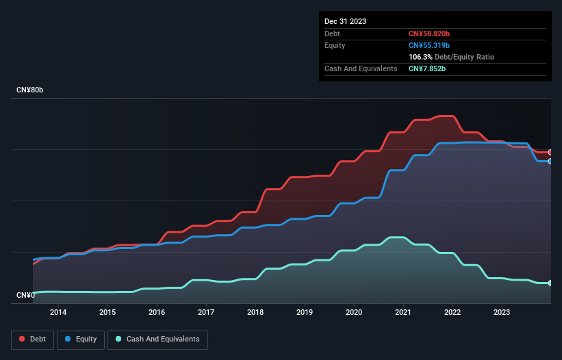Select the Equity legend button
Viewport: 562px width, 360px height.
(x=81, y=339)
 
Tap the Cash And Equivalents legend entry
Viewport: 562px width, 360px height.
(x=157, y=339)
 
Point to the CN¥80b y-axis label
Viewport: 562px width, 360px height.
(x=31, y=90)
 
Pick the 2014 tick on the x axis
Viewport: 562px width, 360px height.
(x=58, y=313)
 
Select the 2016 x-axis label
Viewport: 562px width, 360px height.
(x=157, y=313)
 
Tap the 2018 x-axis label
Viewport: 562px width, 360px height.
(x=255, y=313)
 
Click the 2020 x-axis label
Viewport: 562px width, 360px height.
(x=354, y=313)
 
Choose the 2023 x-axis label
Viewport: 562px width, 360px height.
(x=502, y=313)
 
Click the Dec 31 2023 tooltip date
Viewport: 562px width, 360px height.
(x=345, y=21)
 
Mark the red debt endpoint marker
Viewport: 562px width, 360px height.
(x=550, y=153)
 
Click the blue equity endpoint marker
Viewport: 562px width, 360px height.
(x=550, y=162)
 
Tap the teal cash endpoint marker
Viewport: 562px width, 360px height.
(x=550, y=283)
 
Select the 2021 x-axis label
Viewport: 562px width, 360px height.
(x=403, y=313)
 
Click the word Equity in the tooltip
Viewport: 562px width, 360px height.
(x=335, y=45)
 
